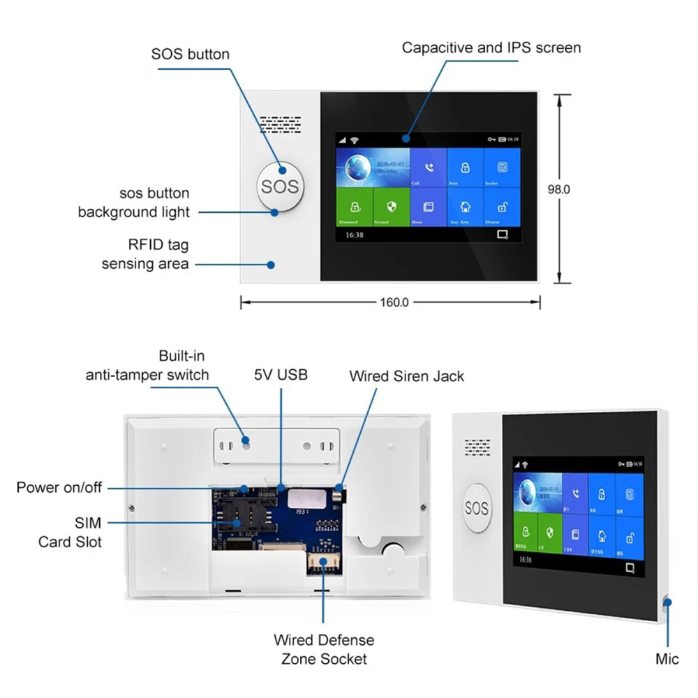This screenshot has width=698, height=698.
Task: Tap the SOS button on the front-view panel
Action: point(279,186)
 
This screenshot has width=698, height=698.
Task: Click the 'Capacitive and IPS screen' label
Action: point(491,48)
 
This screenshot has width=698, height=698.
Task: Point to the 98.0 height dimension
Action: point(558,189)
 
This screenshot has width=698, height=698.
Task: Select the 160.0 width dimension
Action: point(394,302)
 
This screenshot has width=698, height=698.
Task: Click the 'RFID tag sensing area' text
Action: point(145,254)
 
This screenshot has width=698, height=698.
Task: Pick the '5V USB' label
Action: point(281,375)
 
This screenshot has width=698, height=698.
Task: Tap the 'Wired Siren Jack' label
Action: point(406,376)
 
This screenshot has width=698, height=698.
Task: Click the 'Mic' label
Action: point(667,659)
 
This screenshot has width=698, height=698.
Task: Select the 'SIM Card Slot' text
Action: point(70,531)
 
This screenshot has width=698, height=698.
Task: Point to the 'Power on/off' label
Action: point(59,487)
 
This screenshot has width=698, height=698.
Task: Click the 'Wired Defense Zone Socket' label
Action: point(324,649)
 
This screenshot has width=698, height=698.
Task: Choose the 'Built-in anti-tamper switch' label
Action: point(147,365)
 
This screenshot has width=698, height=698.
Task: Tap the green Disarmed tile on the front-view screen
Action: point(354,207)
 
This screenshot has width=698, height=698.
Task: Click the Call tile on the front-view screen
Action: point(427,168)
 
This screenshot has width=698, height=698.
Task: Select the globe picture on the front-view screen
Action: point(354,170)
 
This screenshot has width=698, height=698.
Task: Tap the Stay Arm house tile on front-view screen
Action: point(464,207)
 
